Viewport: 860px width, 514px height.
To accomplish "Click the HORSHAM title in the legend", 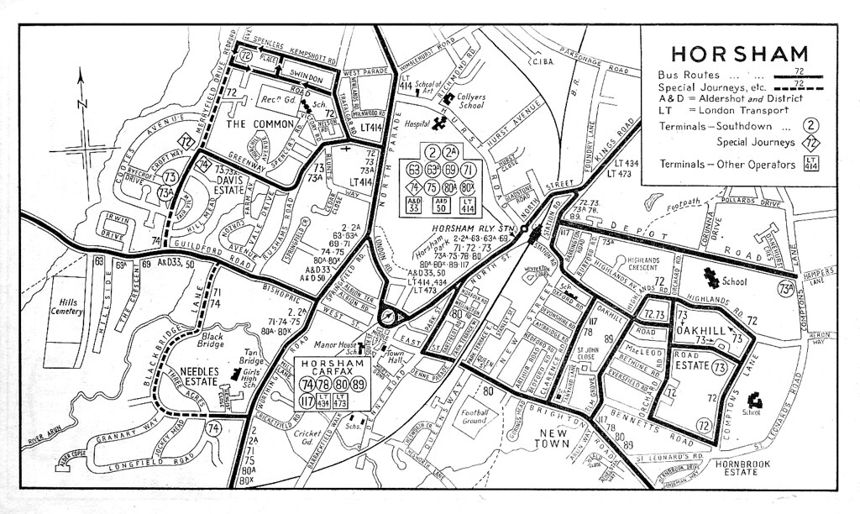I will tap(739, 53).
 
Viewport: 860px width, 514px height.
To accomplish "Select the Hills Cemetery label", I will tap(65, 307).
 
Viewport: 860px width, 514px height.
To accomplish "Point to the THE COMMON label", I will tap(261, 124).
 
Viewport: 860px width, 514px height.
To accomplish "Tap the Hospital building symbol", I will tap(438, 125).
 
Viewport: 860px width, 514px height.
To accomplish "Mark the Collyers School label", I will tap(472, 102).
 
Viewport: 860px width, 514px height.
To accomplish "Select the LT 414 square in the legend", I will tap(811, 164).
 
